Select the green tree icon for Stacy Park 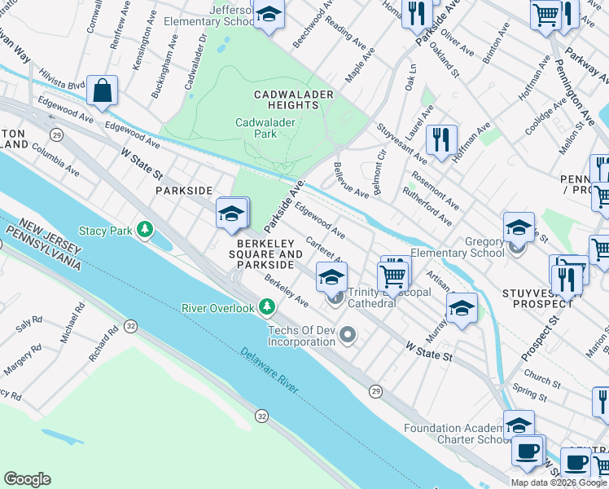click(x=145, y=231)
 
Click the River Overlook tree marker click(x=266, y=307)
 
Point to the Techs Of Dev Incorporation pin click(x=348, y=335)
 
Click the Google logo click(x=27, y=479)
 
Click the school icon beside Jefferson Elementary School click(x=268, y=15)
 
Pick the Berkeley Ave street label click(x=286, y=292)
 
